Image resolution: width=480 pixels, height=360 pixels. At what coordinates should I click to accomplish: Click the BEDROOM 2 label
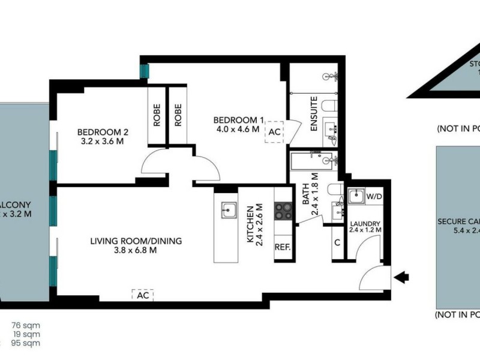[103, 133]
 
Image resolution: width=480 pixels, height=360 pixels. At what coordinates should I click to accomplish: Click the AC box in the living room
[142, 295]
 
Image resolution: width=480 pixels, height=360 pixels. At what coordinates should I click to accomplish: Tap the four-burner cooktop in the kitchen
[283, 211]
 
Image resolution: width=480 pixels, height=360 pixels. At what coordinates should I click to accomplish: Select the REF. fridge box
[283, 247]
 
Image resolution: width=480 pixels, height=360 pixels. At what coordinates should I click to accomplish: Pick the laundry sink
[355, 196]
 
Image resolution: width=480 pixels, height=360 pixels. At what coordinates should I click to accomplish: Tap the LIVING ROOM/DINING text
[136, 241]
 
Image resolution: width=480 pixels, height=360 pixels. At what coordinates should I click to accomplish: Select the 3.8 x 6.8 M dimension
[136, 251]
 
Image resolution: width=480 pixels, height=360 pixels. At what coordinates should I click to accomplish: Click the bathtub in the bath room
[313, 160]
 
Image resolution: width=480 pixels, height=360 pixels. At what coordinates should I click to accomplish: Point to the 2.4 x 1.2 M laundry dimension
[365, 230]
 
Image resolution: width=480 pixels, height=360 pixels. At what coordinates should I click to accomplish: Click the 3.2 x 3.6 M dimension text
[103, 143]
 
